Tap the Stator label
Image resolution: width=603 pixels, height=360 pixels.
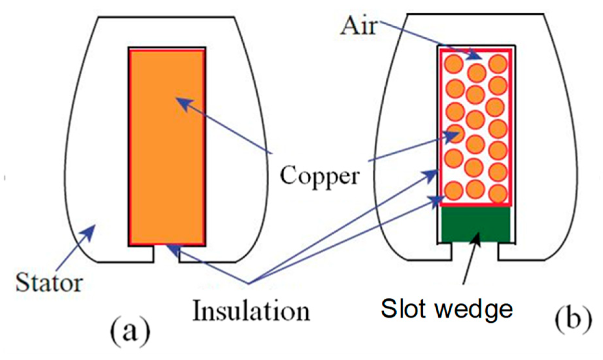[49, 283]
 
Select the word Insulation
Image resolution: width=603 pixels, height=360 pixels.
[251, 311]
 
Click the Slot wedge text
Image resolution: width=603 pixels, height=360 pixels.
[447, 309]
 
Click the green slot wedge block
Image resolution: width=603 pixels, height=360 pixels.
[476, 224]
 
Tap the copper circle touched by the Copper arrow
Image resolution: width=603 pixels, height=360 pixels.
[455, 134]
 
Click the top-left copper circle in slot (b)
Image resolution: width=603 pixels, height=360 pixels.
[454, 64]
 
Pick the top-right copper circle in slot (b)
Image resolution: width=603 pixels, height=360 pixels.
[498, 63]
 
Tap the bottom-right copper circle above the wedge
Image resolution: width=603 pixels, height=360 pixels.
[498, 194]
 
